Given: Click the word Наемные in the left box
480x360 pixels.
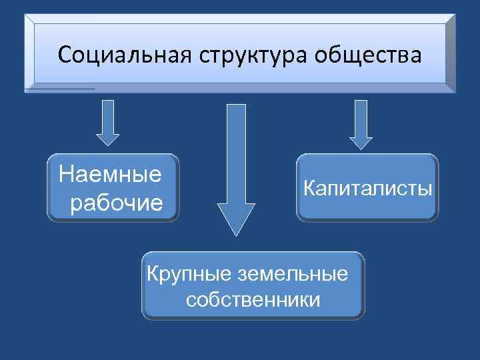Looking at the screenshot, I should click(111, 175).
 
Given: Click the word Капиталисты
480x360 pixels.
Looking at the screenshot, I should click(367, 188).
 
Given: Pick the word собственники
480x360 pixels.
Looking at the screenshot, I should click(253, 299).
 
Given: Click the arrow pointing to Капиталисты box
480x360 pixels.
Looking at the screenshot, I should click(361, 123).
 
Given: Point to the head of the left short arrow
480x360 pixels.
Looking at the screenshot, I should click(108, 137).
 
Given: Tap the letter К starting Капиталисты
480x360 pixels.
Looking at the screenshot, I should click(308, 188).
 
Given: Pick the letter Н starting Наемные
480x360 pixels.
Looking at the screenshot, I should click(65, 175).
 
